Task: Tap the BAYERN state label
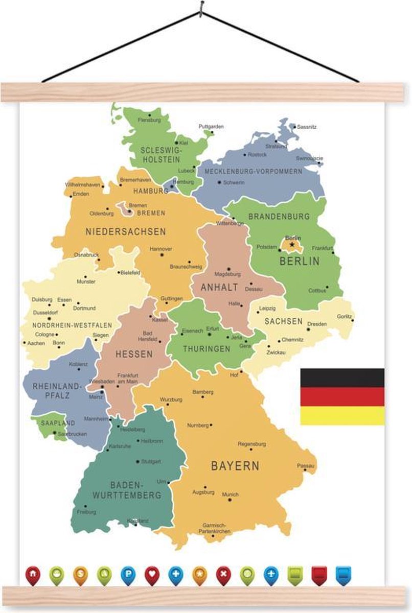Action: (x=235, y=466)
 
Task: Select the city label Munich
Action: (x=230, y=494)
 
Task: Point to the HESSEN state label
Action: (x=133, y=354)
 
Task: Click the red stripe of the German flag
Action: (x=342, y=396)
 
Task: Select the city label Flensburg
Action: (x=149, y=120)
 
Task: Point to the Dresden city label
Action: (x=317, y=324)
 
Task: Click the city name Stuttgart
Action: (x=151, y=461)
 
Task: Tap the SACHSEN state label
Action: (x=283, y=322)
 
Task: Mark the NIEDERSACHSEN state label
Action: (x=126, y=231)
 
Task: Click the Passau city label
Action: (x=306, y=465)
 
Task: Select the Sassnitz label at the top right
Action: (x=307, y=126)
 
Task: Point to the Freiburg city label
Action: (x=86, y=511)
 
